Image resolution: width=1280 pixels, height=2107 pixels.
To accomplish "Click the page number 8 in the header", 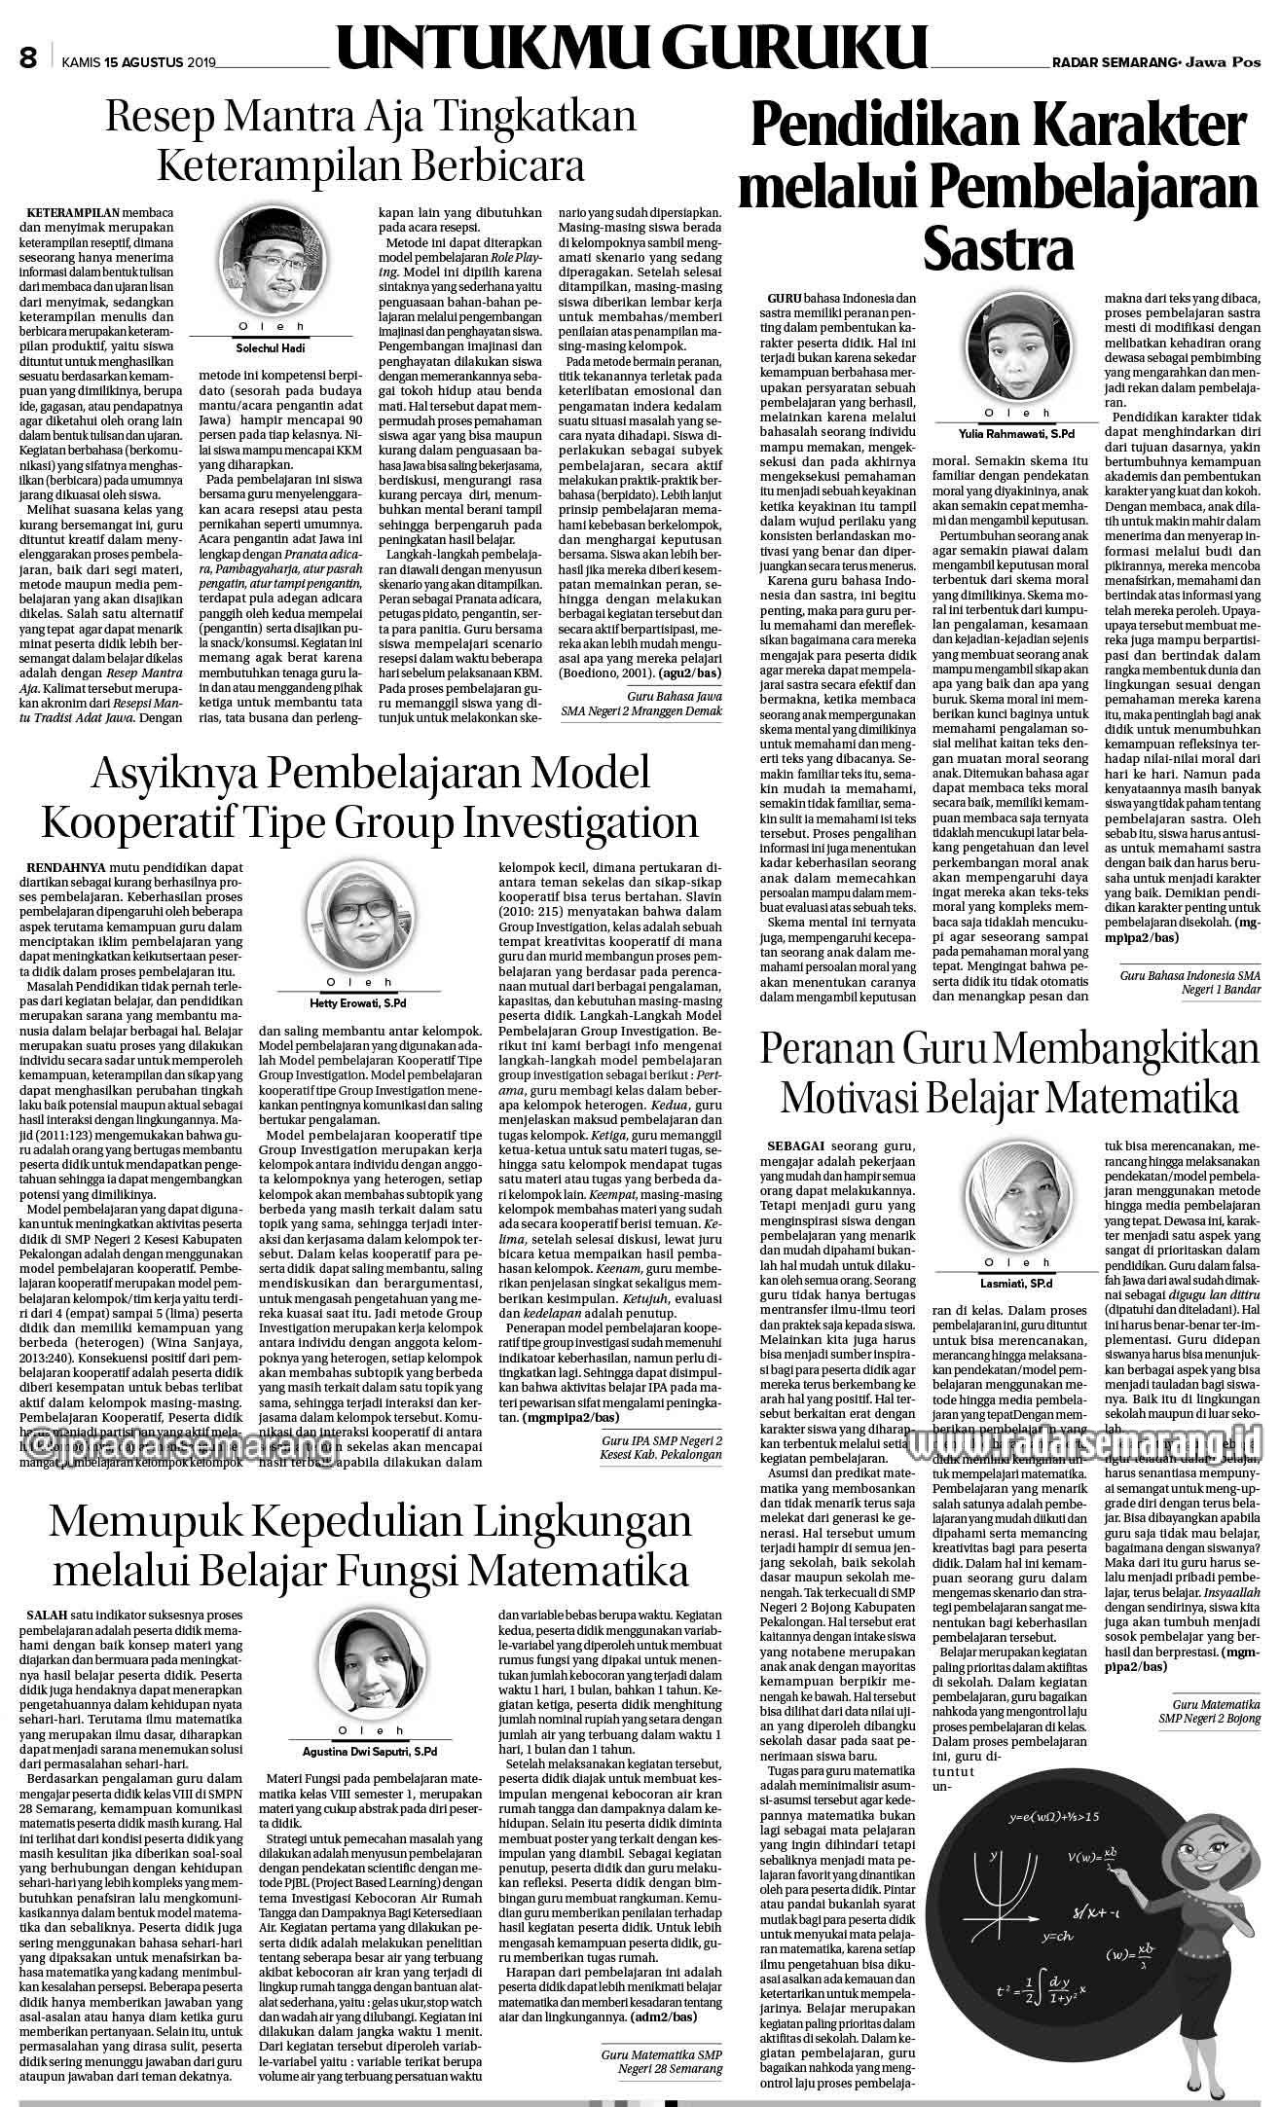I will click(27, 59).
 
